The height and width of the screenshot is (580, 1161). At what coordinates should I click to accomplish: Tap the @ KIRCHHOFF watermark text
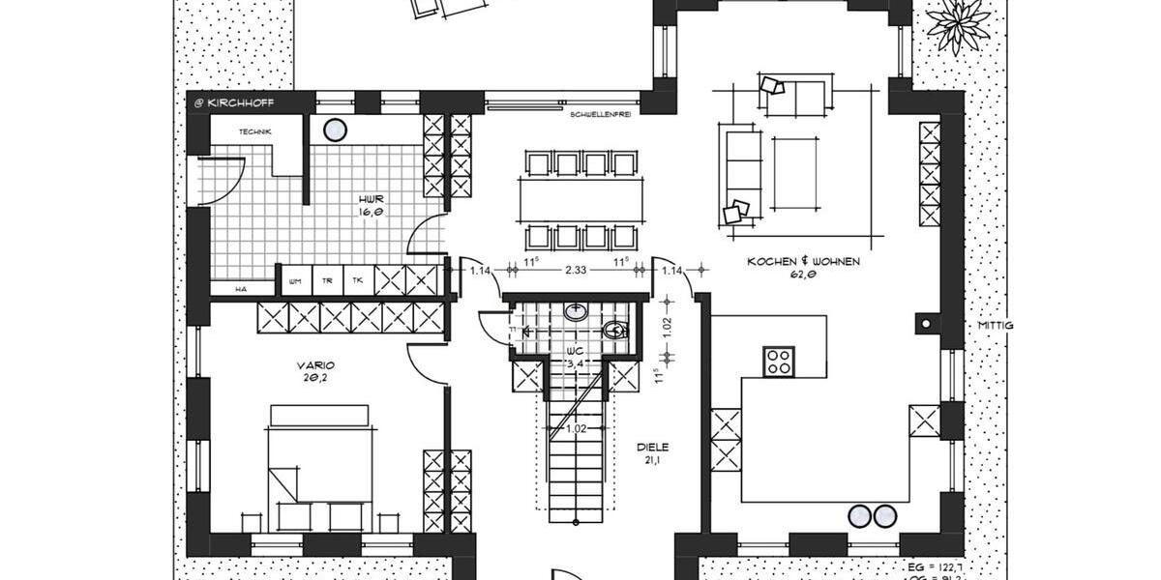pos(234,101)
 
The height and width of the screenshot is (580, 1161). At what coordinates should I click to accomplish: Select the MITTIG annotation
pos(995,326)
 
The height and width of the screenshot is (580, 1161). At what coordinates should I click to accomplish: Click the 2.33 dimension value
pos(576,271)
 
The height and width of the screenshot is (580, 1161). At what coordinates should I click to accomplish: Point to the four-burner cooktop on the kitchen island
pos(779,361)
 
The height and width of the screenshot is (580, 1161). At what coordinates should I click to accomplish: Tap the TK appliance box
pos(358,280)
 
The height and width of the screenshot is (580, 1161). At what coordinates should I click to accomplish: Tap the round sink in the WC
pos(576,312)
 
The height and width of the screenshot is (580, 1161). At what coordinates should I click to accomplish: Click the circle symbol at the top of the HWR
pos(335,130)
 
